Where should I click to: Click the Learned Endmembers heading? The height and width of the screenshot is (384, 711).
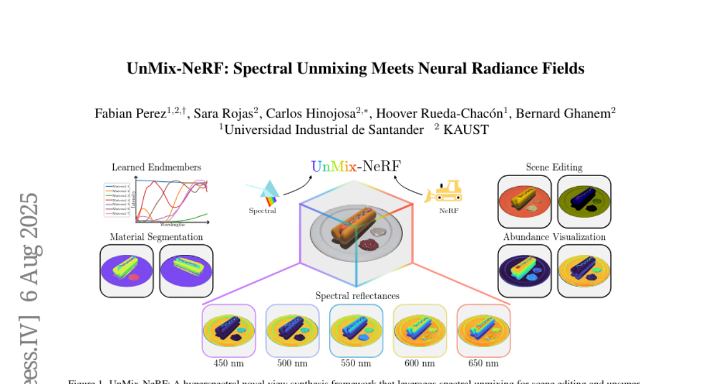pos(156,167)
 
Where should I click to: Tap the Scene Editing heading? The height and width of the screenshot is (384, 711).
pos(554,167)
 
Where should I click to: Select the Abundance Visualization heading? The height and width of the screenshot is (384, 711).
pos(554,237)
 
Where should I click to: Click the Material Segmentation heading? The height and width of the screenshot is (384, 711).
pos(156,237)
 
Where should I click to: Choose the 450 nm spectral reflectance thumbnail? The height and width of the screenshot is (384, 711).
pos(229,331)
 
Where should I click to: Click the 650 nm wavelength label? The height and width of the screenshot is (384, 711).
pos(483,363)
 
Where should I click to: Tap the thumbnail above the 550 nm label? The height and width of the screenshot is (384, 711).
pos(356,331)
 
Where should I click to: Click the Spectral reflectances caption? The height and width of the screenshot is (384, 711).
pos(357,295)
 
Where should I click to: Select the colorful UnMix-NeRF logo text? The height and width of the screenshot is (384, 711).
pos(356,166)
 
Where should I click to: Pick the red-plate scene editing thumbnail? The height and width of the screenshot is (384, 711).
pos(524,201)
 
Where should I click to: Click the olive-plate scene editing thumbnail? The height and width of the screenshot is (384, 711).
pos(584,201)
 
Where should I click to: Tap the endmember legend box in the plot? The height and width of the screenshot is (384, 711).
pos(117,200)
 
